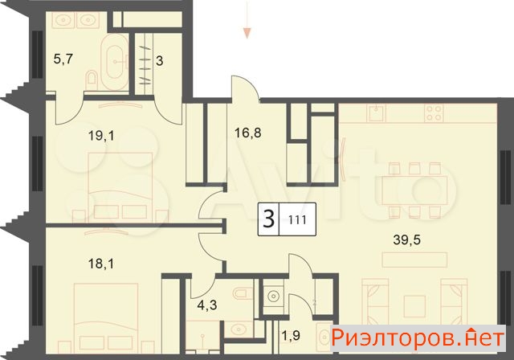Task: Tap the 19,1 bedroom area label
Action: coord(101,136)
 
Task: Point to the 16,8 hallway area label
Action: coord(248,133)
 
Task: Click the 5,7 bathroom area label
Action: coord(63,59)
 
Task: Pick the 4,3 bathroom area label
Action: coord(207,305)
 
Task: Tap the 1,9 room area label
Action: coord(291,336)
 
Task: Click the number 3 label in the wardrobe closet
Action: coord(159,60)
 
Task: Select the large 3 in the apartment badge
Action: coord(269,219)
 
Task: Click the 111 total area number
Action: coord(298,219)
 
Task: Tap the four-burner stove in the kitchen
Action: coord(434,113)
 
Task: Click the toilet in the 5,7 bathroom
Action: coord(91,79)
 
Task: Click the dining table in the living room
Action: coord(414,190)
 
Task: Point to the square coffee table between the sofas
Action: coord(414,306)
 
